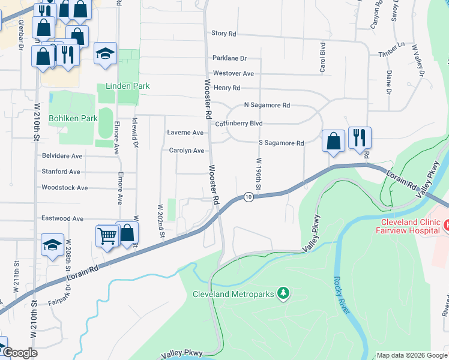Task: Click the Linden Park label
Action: [127, 86]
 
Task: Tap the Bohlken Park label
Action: [73, 118]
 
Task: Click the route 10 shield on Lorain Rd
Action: [248, 197]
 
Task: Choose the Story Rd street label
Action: [224, 34]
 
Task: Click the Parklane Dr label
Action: [230, 58]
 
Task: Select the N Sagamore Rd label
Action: [267, 105]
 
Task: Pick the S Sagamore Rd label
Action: [281, 143]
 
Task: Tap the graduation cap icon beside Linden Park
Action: [105, 53]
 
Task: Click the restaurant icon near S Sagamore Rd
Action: [360, 137]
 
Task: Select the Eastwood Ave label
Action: [62, 219]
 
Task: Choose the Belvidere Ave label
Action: [62, 156]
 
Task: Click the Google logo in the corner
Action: [19, 353]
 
